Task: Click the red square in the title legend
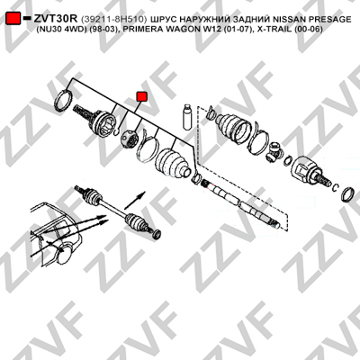coord(13,19)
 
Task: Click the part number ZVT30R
coord(56,19)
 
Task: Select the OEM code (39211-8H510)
coord(114,19)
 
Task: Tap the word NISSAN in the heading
coord(288,19)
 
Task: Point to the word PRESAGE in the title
coord(328,19)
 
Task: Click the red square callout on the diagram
coord(141,96)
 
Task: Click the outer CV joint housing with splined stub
coord(95,120)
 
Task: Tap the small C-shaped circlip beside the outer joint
coord(117,131)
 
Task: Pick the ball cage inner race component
coord(130,139)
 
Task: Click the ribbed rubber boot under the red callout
coord(172,164)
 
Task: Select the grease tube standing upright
coord(186,117)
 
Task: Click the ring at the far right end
coord(348,194)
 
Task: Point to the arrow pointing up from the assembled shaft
coord(135,200)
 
